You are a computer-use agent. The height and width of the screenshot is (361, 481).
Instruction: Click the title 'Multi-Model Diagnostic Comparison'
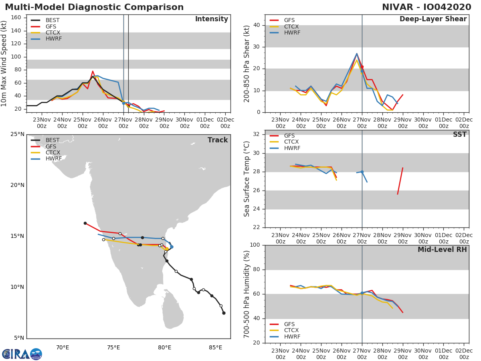(x=94, y=7)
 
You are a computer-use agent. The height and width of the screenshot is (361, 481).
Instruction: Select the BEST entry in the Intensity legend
(x=53, y=20)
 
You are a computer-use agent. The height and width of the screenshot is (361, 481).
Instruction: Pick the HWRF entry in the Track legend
(x=53, y=159)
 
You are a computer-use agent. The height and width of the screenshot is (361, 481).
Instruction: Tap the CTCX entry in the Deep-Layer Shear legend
(x=291, y=26)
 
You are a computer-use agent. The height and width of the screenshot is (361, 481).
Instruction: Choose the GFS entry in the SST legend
(x=289, y=136)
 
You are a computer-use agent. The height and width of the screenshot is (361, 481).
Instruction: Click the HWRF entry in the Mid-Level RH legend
(x=292, y=337)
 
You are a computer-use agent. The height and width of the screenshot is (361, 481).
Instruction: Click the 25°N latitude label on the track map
(x=17, y=134)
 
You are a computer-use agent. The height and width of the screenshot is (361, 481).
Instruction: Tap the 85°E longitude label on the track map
(x=215, y=347)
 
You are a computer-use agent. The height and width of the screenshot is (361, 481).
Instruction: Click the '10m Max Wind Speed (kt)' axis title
(x=4, y=64)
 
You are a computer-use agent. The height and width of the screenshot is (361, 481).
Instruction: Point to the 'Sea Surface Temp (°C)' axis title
(x=247, y=179)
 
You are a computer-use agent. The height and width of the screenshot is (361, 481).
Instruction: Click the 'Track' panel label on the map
(x=217, y=140)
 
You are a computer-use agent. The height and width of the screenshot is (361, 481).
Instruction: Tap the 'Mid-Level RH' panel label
(x=442, y=249)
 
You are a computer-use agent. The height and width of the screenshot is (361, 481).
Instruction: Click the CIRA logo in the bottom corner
(x=22, y=354)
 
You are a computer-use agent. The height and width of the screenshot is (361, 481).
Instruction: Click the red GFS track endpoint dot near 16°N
(x=85, y=223)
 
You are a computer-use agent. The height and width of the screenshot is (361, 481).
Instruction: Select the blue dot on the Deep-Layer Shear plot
(x=362, y=71)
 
